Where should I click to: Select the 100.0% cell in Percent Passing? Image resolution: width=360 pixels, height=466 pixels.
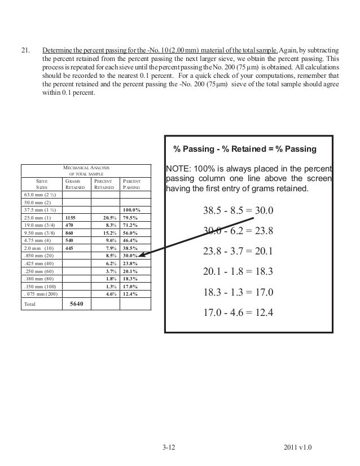pyautogui.click(x=131, y=210)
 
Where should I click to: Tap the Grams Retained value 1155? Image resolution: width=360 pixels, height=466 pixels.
pyautogui.click(x=71, y=217)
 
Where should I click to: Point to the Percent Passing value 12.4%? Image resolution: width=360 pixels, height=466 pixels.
pyautogui.click(x=131, y=292)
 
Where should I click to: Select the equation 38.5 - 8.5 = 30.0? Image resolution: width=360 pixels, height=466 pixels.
pyautogui.click(x=238, y=212)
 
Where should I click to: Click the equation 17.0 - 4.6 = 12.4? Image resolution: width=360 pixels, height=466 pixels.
pyautogui.click(x=238, y=311)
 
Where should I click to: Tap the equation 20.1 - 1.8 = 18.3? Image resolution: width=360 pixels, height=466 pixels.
pyautogui.click(x=238, y=271)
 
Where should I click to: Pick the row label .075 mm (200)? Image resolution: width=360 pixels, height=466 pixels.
pyautogui.click(x=40, y=292)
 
